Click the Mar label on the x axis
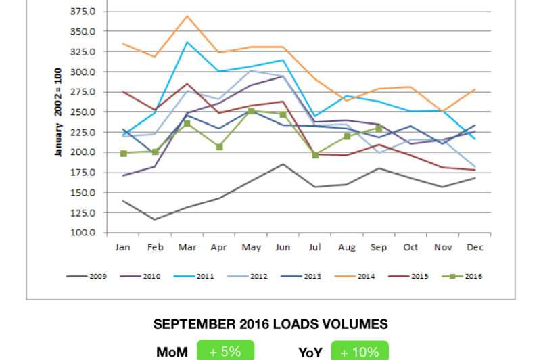coord(187,248)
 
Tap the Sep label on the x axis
coord(379,248)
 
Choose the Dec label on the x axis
coord(475,248)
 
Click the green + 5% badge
coord(225,351)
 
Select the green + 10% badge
coord(360,351)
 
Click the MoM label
coord(172,351)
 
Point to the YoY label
coord(310,351)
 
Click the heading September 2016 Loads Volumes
coord(270,325)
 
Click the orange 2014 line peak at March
coord(187,16)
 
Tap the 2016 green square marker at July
coord(315,155)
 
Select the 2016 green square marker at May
coord(251,111)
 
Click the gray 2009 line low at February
coord(156,219)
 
